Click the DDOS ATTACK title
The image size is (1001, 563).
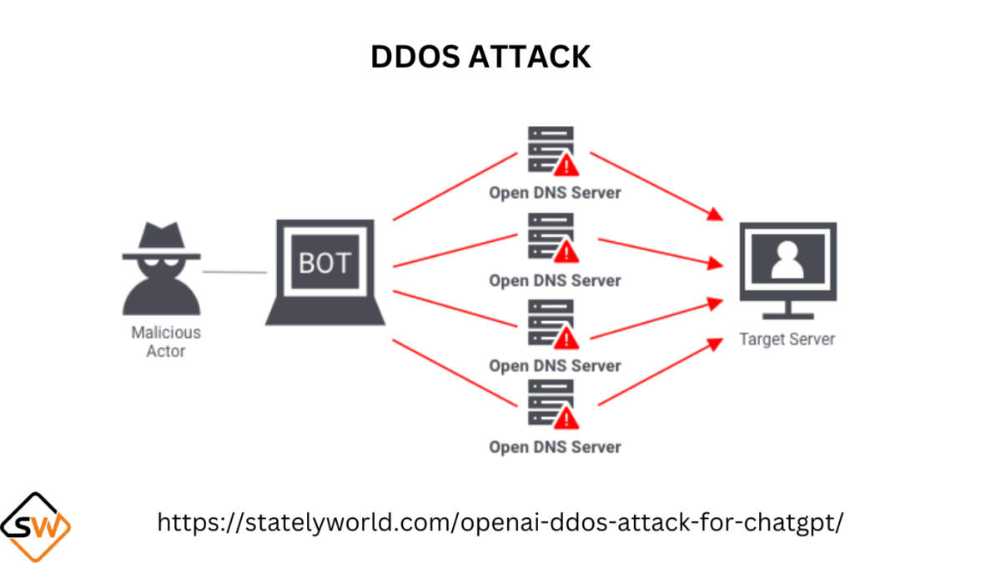pyautogui.click(x=480, y=57)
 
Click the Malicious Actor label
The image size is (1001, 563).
pyautogui.click(x=166, y=341)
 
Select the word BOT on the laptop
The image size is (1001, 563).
pyautogui.click(x=324, y=263)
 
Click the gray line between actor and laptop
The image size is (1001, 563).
pyautogui.click(x=234, y=272)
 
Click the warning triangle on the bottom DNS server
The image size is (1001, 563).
pyautogui.click(x=567, y=416)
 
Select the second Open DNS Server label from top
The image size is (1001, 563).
pyautogui.click(x=555, y=280)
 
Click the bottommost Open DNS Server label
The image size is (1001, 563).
pyautogui.click(x=555, y=447)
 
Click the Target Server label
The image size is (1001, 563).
pyautogui.click(x=787, y=339)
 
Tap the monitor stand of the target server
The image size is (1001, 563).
pyautogui.click(x=787, y=310)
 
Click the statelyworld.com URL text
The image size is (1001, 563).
pyautogui.click(x=500, y=523)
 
